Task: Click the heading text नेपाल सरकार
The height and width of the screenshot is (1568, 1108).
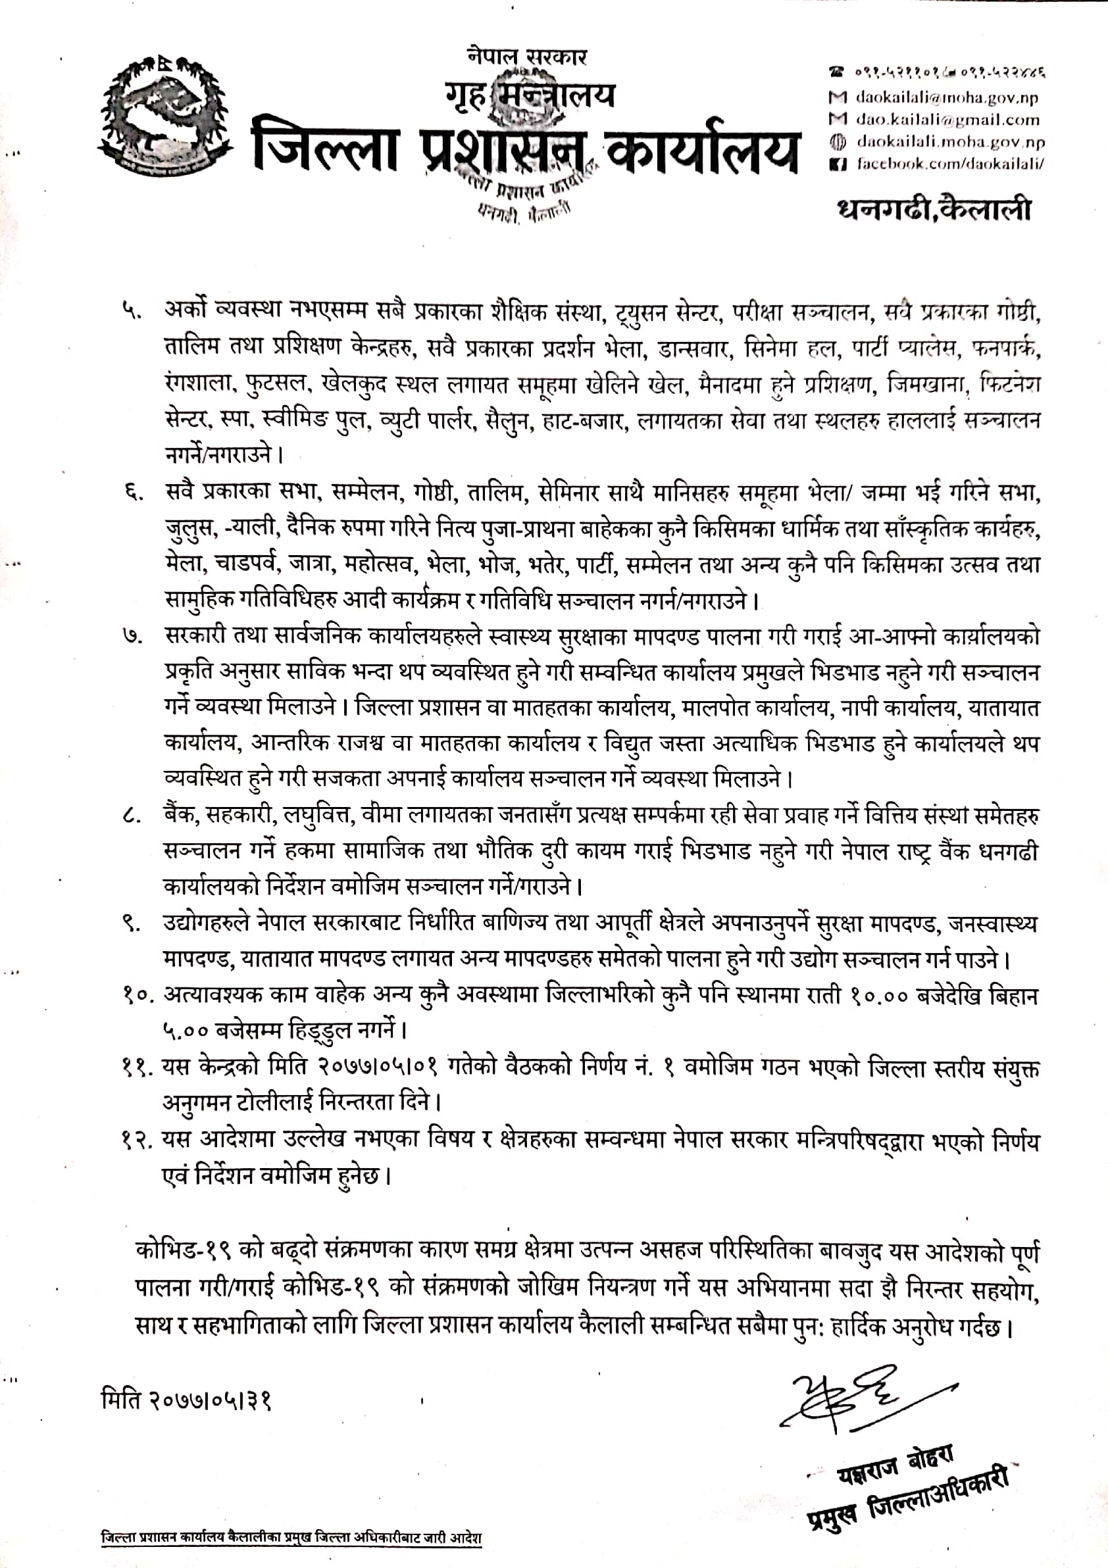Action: tap(528, 57)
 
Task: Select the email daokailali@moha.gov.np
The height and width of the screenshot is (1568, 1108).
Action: tap(946, 97)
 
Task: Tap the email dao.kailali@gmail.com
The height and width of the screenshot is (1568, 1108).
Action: tap(947, 120)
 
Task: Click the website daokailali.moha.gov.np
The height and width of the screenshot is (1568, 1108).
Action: tap(949, 142)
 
